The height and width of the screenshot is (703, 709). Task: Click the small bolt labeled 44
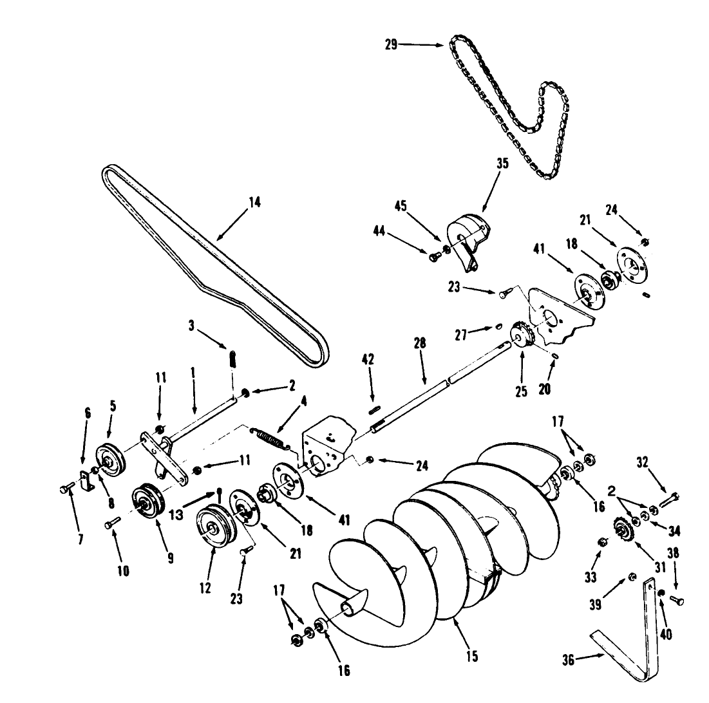433,256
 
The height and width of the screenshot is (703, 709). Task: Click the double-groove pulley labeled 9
145,502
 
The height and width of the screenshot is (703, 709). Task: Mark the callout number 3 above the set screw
191,326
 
